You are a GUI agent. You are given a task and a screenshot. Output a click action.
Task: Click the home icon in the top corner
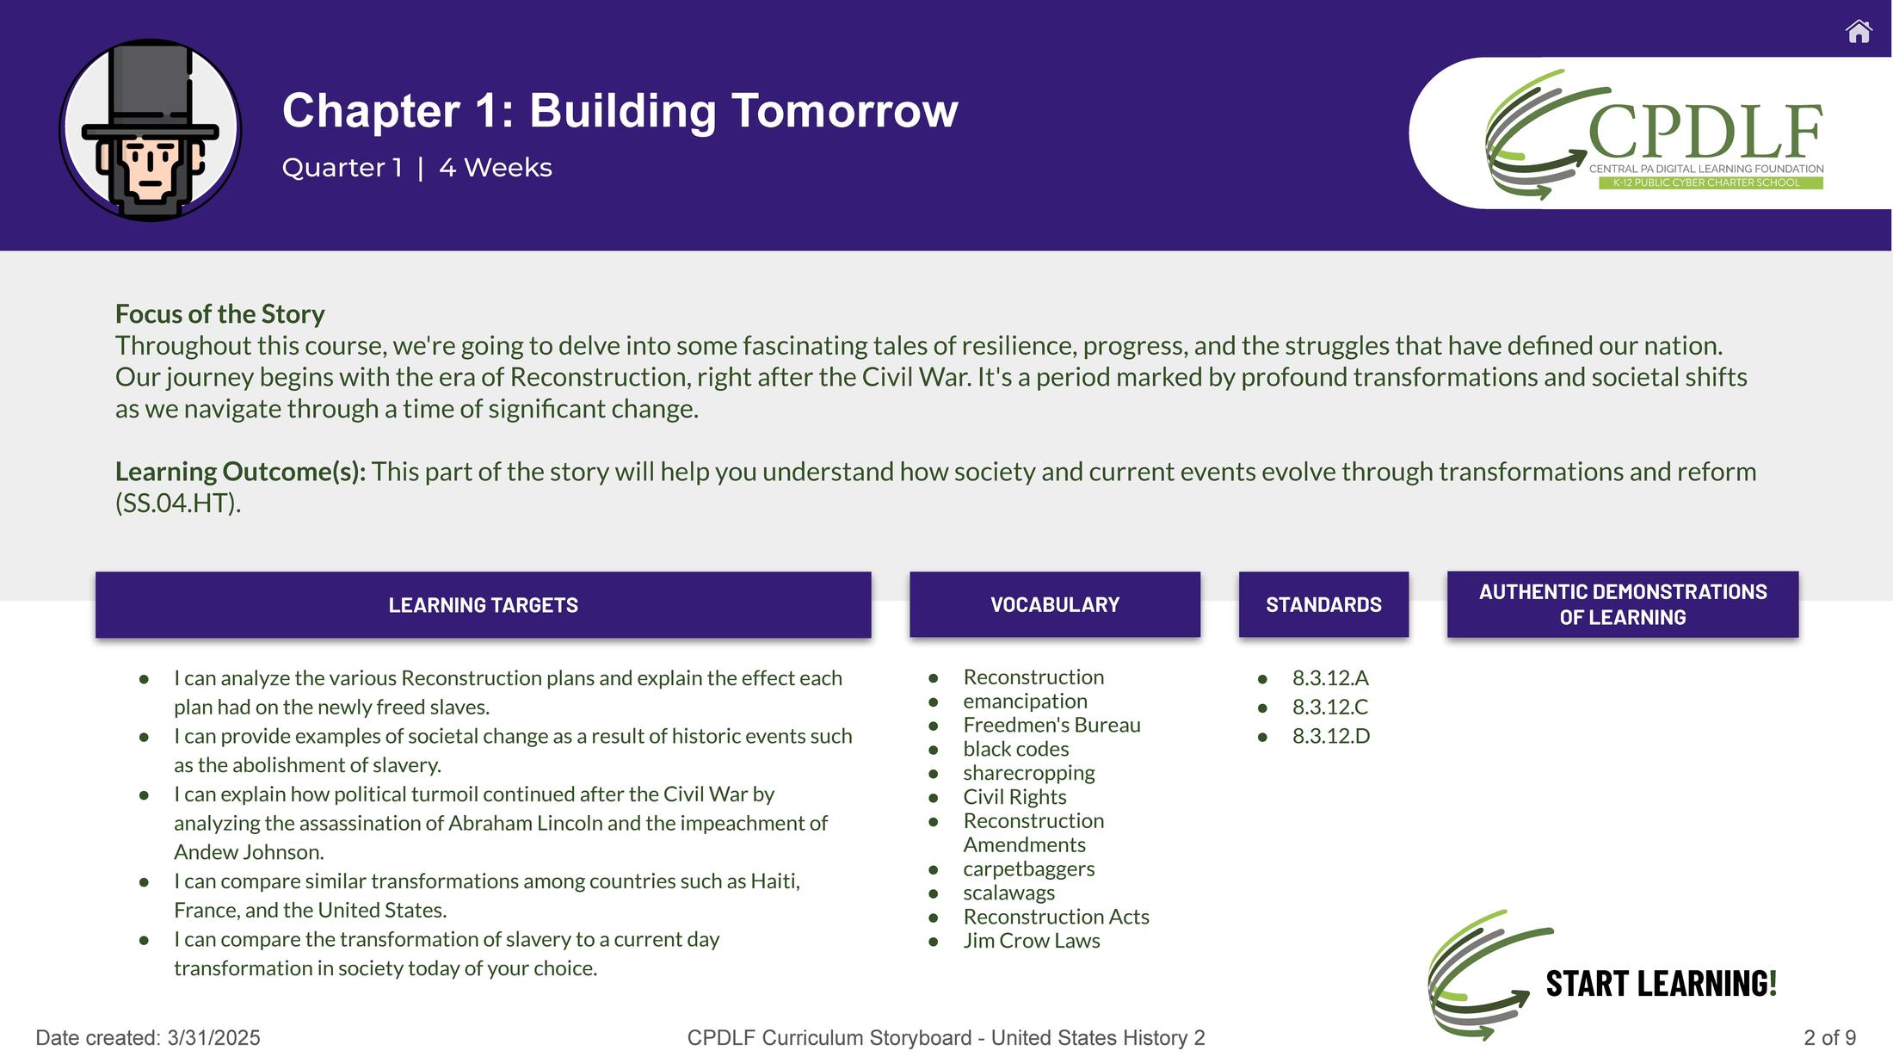[x=1859, y=32]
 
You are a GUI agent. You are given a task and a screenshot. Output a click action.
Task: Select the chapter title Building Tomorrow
[x=743, y=111]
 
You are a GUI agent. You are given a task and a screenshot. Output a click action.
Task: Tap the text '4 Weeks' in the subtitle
[x=496, y=167]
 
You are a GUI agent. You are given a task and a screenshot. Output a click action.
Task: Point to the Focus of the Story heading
[x=220, y=314]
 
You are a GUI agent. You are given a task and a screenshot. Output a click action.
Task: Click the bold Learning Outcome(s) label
[x=241, y=472]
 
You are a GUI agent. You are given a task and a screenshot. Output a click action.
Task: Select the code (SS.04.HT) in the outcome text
[x=178, y=504]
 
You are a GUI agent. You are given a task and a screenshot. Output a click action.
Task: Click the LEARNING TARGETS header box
[x=484, y=605]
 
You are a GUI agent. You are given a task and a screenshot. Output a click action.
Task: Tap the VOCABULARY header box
[x=1055, y=604]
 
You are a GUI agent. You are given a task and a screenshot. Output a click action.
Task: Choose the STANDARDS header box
[x=1323, y=604]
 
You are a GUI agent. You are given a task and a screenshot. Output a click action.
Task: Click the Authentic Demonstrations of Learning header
[x=1623, y=604]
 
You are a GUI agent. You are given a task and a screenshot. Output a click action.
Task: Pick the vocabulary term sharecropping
[x=1029, y=773]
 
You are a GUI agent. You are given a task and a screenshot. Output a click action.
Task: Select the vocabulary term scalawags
[x=1008, y=893]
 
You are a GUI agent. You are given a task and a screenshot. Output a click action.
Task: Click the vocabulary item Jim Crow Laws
[x=1032, y=941]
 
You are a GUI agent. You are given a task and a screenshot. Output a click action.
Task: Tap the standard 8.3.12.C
[x=1330, y=707]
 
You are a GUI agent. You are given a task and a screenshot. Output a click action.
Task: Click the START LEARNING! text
[x=1662, y=984]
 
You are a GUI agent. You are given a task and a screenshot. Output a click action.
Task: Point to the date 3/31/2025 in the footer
[x=214, y=1038]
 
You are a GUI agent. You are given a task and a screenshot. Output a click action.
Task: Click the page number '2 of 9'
[x=1830, y=1038]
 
